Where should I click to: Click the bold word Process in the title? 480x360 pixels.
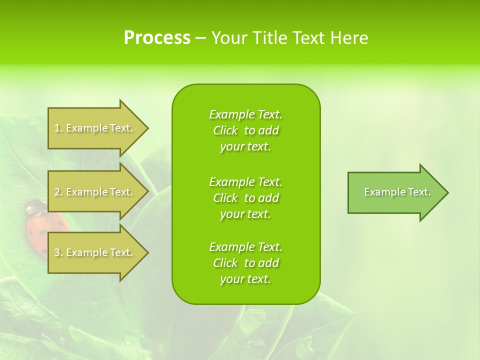click(157, 38)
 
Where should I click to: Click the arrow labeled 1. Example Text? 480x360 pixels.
click(95, 128)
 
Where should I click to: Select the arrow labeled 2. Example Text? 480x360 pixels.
click(95, 192)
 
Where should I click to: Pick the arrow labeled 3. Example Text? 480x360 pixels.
click(95, 252)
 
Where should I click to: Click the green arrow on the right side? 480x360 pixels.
click(395, 192)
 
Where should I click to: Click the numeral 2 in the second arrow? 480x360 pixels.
click(57, 192)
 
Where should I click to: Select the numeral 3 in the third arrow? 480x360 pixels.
click(57, 252)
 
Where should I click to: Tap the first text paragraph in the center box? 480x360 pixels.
click(246, 130)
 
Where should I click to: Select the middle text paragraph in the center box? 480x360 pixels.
click(246, 197)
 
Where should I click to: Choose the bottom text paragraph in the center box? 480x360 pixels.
click(246, 263)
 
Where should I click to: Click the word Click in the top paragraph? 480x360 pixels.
click(225, 130)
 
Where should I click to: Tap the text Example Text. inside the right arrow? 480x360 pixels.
click(397, 192)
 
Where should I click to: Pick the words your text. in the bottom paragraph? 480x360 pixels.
click(245, 279)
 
